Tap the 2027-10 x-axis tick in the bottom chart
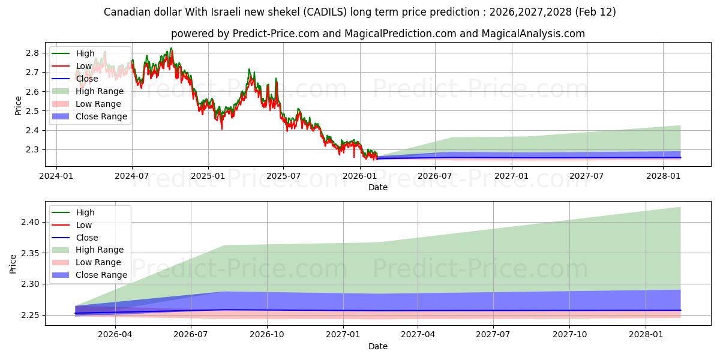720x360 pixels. point(570,334)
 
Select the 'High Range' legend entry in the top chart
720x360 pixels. point(100,91)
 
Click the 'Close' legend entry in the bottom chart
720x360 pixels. point(88,238)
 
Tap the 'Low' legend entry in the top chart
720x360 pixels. point(84,66)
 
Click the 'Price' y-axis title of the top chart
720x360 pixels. point(18,105)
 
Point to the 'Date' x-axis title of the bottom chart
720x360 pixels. point(378,346)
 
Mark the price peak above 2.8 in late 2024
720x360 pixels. point(171,48)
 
